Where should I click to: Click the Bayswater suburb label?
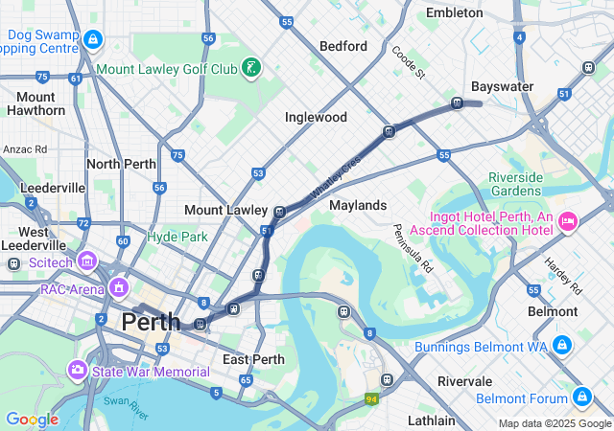(502, 86)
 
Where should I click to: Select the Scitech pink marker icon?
(87, 261)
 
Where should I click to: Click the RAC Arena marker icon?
(119, 287)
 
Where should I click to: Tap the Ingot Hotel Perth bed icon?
(567, 221)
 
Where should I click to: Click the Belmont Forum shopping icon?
(581, 396)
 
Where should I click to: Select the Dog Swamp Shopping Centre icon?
(93, 39)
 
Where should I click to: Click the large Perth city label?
(150, 323)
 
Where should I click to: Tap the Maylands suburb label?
(358, 205)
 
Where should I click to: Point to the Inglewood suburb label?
(316, 117)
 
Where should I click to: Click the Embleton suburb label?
(454, 13)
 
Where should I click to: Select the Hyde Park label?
(177, 236)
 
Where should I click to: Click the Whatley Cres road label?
(336, 178)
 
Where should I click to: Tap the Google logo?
(32, 420)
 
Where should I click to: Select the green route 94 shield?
(371, 398)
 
